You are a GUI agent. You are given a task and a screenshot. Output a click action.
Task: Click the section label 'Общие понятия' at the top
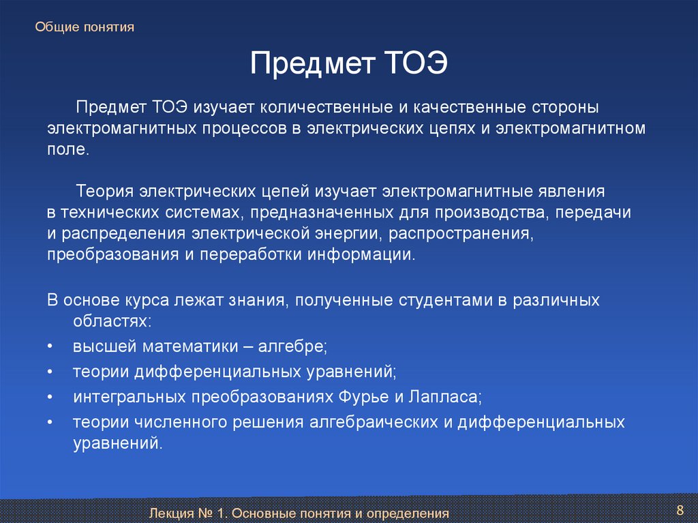(85, 27)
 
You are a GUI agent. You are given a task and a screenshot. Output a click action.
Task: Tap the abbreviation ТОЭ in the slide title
(415, 63)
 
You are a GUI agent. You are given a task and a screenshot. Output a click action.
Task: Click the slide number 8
(680, 510)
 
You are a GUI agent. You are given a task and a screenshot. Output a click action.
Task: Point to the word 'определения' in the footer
(408, 513)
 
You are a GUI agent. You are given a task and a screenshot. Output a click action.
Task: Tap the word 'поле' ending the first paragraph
(66, 149)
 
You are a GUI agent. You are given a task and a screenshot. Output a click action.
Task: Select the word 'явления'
(572, 191)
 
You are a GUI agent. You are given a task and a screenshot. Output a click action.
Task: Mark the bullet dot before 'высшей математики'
(50, 346)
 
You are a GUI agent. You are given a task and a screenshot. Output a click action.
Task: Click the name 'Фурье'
(364, 396)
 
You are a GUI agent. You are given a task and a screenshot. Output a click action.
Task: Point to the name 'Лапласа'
(443, 396)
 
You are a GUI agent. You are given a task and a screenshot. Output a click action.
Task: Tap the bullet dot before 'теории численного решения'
(50, 422)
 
